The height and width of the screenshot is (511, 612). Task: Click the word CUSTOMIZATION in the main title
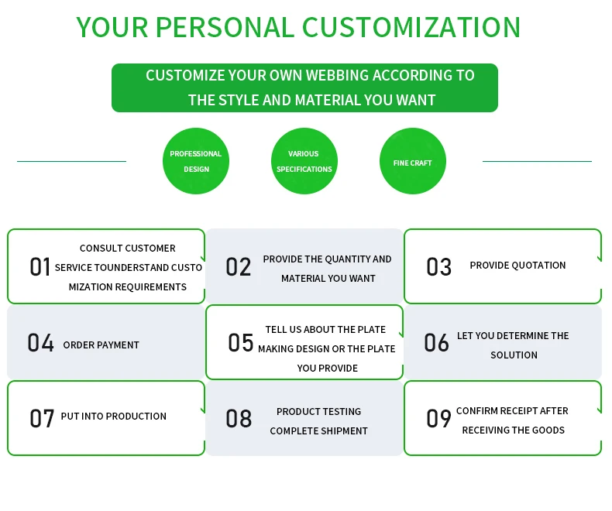(411, 27)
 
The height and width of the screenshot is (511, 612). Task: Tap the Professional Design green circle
(196, 161)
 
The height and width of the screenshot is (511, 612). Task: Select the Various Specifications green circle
(304, 161)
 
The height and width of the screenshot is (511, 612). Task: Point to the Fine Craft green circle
(412, 162)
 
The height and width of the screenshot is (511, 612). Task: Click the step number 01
(40, 267)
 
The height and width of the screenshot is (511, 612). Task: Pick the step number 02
(239, 267)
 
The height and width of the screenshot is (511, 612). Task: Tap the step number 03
(438, 267)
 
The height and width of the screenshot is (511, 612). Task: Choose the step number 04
(40, 343)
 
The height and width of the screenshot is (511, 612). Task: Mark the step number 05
(240, 343)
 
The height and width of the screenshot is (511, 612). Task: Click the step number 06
(436, 343)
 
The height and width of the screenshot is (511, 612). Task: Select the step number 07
(42, 419)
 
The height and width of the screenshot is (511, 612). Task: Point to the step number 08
(239, 419)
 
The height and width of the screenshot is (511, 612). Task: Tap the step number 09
(438, 419)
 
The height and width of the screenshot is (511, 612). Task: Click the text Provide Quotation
(517, 266)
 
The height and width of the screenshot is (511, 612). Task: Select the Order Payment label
(101, 345)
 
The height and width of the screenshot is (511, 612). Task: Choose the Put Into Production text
(114, 417)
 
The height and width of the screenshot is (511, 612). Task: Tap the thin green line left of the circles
(71, 161)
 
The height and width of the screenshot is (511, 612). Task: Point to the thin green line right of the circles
(537, 161)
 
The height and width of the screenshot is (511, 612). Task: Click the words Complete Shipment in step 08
(318, 431)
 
